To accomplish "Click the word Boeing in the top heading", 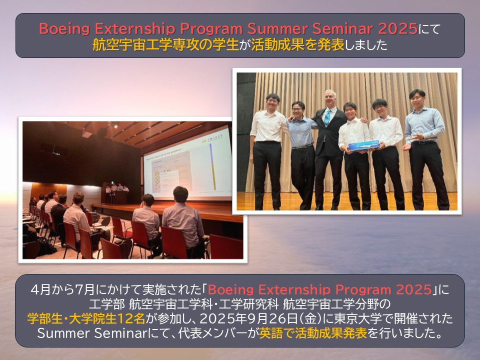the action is (x=64, y=29).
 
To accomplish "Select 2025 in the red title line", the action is (x=397, y=28).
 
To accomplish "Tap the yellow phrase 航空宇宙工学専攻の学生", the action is (x=165, y=45).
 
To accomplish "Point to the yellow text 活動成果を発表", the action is (x=297, y=45).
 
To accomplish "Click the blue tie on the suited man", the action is (x=327, y=117).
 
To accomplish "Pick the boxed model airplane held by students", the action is (x=363, y=145).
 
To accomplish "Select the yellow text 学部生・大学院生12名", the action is (x=86, y=318).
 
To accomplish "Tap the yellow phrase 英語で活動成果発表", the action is (x=313, y=333).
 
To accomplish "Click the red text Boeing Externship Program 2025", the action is (x=320, y=289).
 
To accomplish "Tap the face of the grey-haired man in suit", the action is (x=330, y=99).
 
